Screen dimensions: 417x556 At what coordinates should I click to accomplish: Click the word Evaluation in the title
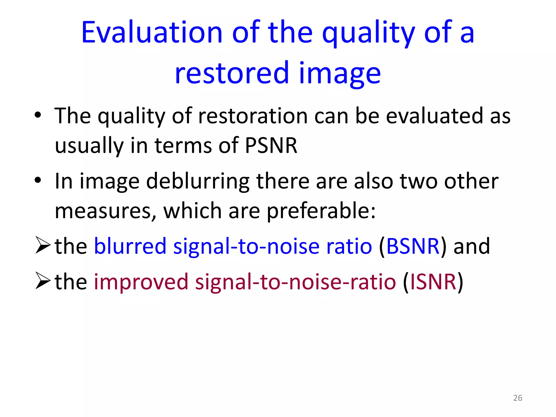tap(152, 33)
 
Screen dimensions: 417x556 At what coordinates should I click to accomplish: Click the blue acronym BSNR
tap(413, 246)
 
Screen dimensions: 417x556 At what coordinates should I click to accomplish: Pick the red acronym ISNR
tap(433, 282)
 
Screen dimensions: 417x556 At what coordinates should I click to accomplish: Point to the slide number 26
tap(518, 398)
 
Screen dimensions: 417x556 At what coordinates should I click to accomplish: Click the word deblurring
tap(198, 181)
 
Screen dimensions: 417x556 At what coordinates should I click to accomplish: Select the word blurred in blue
tap(130, 246)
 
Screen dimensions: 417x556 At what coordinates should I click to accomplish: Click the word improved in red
tap(141, 282)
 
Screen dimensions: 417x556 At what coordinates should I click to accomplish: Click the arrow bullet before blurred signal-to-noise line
tap(43, 245)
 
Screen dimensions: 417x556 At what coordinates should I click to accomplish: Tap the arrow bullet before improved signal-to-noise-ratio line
tap(43, 281)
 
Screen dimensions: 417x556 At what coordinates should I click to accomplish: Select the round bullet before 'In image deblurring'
tap(38, 180)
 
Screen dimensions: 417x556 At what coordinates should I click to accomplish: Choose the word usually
tap(89, 146)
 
